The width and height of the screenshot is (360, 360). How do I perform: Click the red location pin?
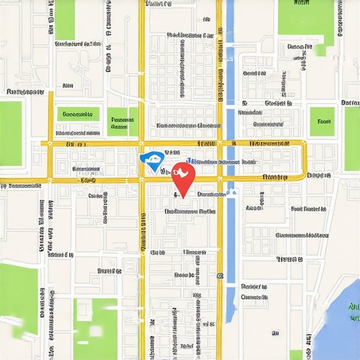182,175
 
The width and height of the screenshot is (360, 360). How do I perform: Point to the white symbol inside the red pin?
182,172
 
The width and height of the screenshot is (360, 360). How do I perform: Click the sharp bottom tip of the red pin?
182,195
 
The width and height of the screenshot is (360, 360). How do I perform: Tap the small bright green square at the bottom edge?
296,355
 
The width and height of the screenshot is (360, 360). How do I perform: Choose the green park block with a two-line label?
123,121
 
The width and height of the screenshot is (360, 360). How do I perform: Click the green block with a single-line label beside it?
78,114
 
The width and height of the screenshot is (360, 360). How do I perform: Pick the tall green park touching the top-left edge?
65,20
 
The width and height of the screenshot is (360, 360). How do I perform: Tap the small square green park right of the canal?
323,120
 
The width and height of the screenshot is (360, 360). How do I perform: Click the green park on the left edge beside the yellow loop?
11,134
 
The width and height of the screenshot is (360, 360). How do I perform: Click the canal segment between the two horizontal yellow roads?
231,161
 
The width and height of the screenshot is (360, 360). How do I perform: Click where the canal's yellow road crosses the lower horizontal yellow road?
219,179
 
